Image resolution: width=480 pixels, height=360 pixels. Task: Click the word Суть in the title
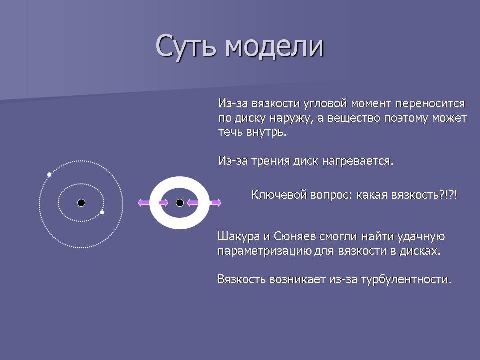pyautogui.click(x=186, y=46)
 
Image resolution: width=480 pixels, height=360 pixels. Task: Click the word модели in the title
pyautogui.click(x=274, y=46)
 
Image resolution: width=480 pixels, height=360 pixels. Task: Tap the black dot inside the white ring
pyautogui.click(x=180, y=203)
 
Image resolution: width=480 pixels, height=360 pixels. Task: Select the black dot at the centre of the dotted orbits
pyautogui.click(x=81, y=203)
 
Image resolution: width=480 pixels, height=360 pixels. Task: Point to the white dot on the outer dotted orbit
pyautogui.click(x=49, y=175)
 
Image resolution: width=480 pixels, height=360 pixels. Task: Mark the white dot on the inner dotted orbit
pyautogui.click(x=102, y=212)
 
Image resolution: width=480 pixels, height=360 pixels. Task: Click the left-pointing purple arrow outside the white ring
pyautogui.click(x=144, y=202)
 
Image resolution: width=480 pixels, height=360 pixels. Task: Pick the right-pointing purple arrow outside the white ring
pyautogui.click(x=216, y=202)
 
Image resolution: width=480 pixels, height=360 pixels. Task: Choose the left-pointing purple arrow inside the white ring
pyautogui.click(x=193, y=202)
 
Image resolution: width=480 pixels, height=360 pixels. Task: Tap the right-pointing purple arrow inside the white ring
pyautogui.click(x=163, y=202)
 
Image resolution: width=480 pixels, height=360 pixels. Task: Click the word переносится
pyautogui.click(x=430, y=104)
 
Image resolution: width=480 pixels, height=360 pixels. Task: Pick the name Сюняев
pyautogui.click(x=295, y=236)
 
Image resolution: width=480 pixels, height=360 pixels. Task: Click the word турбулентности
pyautogui.click(x=406, y=280)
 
